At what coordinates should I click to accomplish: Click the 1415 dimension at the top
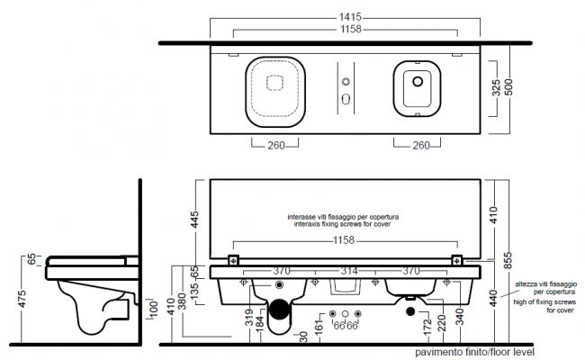coord(350,17)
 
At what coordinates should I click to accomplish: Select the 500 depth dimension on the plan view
coord(508,87)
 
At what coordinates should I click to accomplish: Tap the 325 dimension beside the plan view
coord(496,87)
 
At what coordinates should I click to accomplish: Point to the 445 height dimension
coord(194,220)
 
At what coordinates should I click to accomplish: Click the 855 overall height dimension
coord(508,260)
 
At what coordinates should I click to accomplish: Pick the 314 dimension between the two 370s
coord(349,271)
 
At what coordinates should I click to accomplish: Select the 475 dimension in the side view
coord(22,299)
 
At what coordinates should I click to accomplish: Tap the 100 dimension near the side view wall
coord(153,310)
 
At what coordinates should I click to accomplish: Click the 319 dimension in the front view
coord(249,317)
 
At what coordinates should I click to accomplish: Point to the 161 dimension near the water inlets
coord(319,328)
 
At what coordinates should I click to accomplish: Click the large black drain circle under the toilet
coord(279,310)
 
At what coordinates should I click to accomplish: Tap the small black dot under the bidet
coord(410,311)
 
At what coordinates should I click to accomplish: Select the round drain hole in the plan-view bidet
coord(418,81)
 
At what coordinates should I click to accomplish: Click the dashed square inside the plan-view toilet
coord(274,83)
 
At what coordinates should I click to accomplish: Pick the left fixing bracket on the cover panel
coord(233,260)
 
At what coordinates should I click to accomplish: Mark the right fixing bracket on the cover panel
coord(457,260)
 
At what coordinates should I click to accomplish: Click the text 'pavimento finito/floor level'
coord(474,352)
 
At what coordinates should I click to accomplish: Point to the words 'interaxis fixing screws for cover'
coord(343,224)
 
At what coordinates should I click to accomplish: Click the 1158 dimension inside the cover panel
coord(344,240)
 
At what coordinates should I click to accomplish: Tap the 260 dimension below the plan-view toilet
coord(276,145)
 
